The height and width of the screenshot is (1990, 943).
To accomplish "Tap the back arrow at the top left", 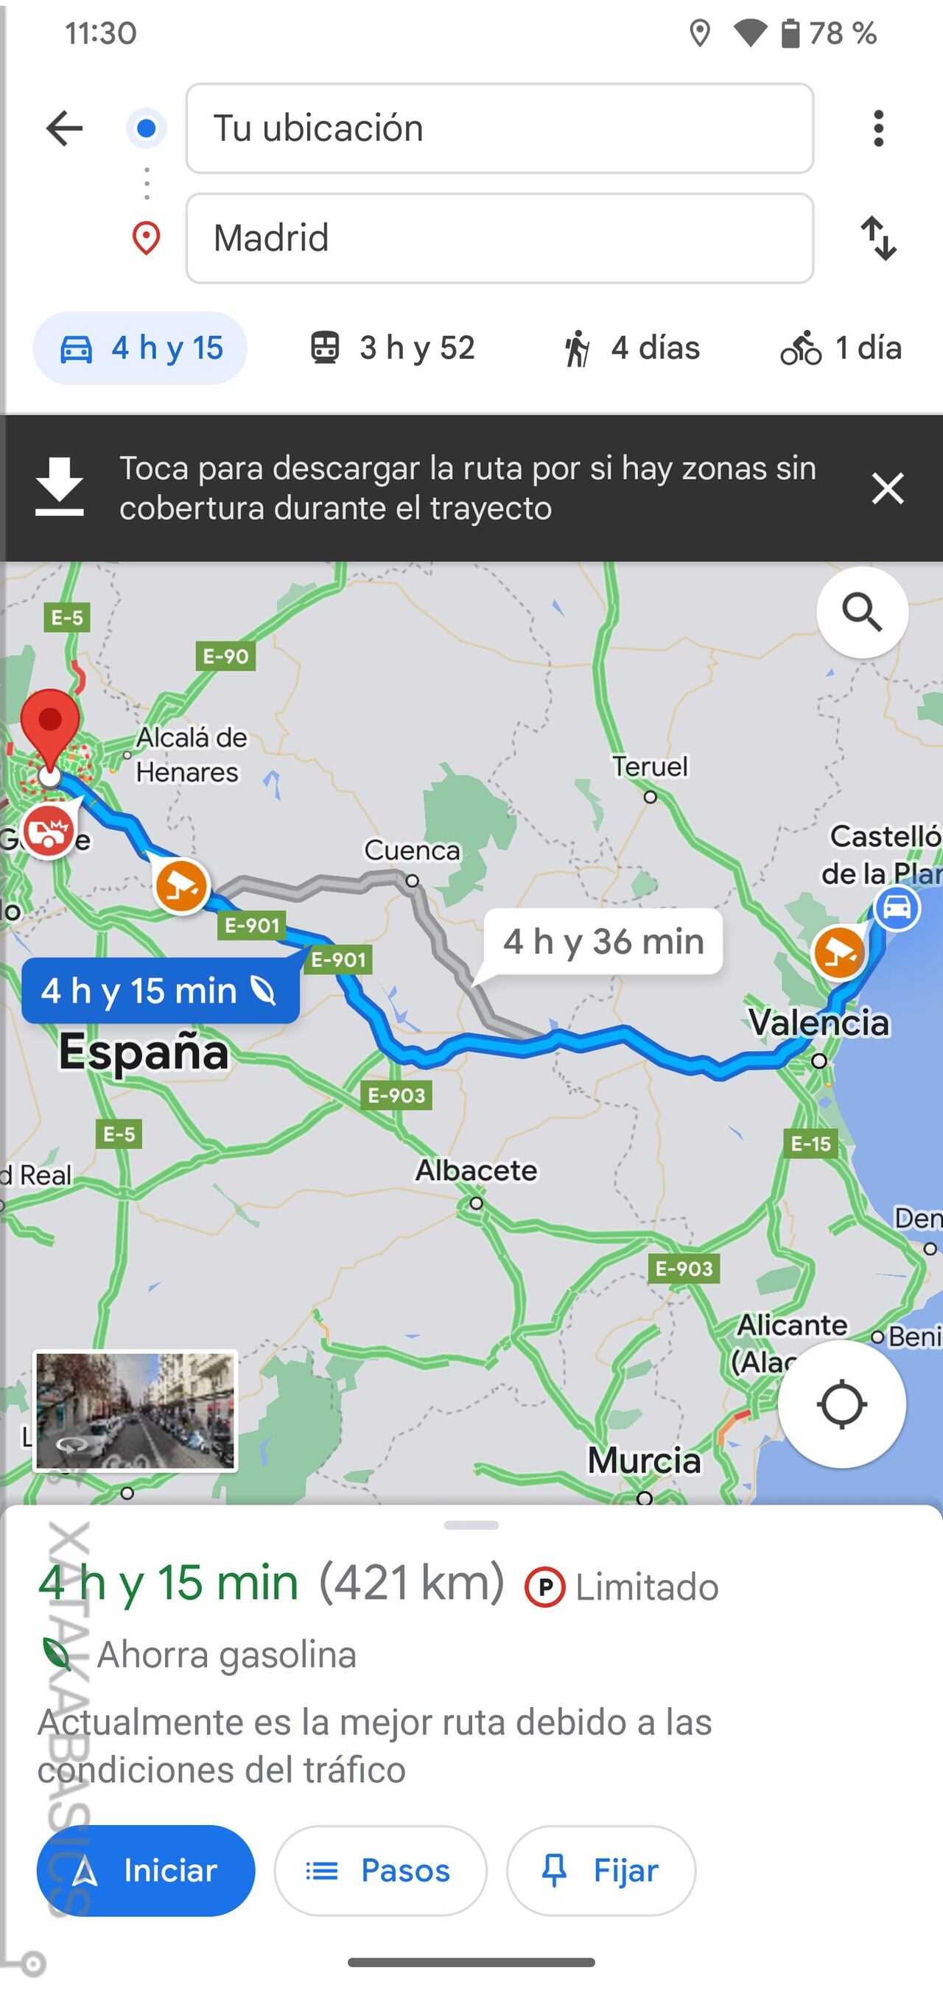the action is click(x=64, y=128).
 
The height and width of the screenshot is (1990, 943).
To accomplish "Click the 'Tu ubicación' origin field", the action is click(x=499, y=128).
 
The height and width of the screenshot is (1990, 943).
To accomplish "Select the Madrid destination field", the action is click(x=499, y=238).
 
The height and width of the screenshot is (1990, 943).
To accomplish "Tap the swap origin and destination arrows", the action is click(x=879, y=238).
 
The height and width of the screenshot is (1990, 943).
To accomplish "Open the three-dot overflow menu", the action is click(x=878, y=128).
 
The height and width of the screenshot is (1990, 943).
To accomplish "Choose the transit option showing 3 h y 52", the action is click(x=393, y=348).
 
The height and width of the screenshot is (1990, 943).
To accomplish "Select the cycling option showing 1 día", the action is click(x=841, y=348).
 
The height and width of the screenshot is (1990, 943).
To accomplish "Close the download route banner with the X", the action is click(x=887, y=488).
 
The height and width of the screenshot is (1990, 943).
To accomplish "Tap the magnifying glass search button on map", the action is click(x=862, y=613).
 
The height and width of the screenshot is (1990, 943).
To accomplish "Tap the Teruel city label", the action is click(x=649, y=767).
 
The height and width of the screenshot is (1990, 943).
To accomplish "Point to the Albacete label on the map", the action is click(x=476, y=1170).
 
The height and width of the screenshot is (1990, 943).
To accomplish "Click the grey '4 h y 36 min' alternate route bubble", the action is click(x=603, y=942).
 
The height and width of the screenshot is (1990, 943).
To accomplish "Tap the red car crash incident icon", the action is click(x=49, y=831).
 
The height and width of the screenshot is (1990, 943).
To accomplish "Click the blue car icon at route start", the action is click(x=897, y=907).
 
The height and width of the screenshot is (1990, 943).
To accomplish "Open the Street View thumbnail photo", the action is click(x=136, y=1410).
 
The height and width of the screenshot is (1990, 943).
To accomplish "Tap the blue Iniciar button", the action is click(x=146, y=1870).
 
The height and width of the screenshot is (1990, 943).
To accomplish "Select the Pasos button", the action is click(x=380, y=1870).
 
